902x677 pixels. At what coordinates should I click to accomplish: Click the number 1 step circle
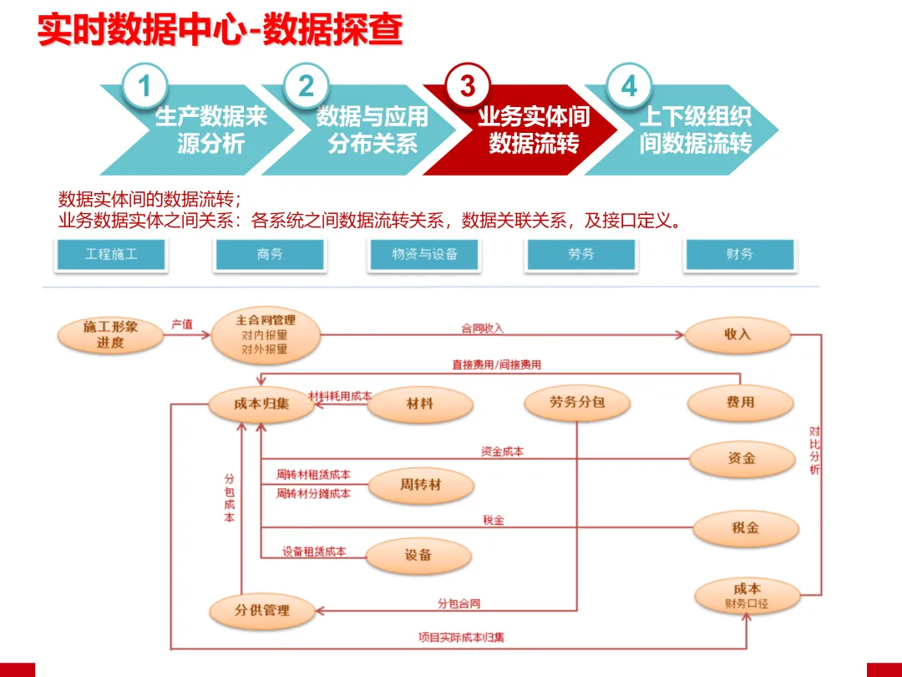(x=144, y=86)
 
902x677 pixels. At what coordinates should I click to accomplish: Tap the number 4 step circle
(x=629, y=86)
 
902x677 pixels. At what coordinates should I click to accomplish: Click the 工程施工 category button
(x=111, y=254)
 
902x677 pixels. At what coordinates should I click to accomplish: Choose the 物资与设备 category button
(x=425, y=254)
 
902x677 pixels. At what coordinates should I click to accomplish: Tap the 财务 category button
(x=739, y=254)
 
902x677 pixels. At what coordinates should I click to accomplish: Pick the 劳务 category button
(x=581, y=254)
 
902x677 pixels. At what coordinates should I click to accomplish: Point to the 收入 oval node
(x=737, y=334)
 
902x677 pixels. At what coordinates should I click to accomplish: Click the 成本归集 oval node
(x=261, y=405)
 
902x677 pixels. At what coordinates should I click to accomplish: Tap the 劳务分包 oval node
(x=577, y=403)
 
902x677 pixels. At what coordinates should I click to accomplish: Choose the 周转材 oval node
(x=420, y=485)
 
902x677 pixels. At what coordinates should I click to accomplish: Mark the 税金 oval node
(x=745, y=528)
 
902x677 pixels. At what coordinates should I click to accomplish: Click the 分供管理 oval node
(x=261, y=610)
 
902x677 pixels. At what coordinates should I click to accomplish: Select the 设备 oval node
(x=418, y=555)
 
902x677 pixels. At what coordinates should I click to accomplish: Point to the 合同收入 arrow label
(x=483, y=328)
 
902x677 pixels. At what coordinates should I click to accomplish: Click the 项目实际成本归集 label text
(x=461, y=638)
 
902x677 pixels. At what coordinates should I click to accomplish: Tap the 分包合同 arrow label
(x=459, y=603)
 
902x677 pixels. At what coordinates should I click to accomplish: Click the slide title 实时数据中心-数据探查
(x=220, y=31)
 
